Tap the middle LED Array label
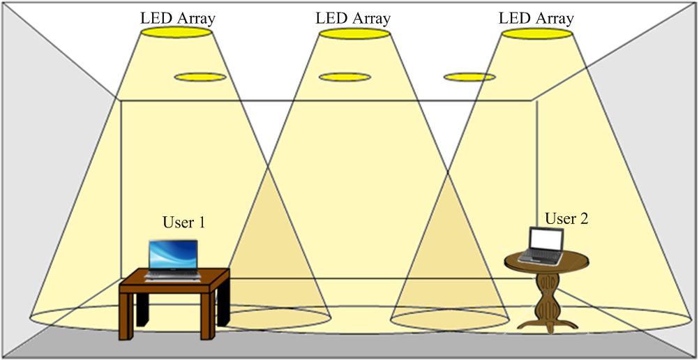pyautogui.click(x=352, y=17)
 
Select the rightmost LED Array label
pyautogui.click(x=536, y=17)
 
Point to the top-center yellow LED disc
pyautogui.click(x=353, y=33)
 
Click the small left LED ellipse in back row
pyautogui.click(x=200, y=76)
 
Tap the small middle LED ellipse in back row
pyautogui.click(x=345, y=76)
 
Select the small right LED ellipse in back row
pyautogui.click(x=469, y=76)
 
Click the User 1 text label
pyautogui.click(x=183, y=223)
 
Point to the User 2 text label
pyautogui.click(x=566, y=218)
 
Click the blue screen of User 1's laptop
pyautogui.click(x=174, y=255)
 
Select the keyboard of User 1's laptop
pyautogui.click(x=173, y=276)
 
